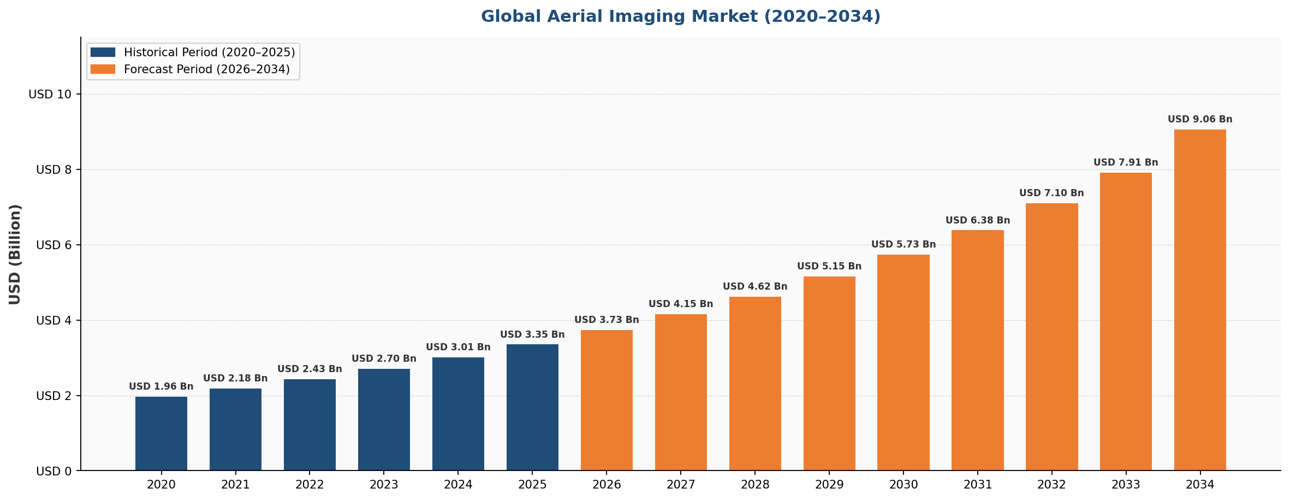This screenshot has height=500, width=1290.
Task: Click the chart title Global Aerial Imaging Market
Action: click(x=680, y=16)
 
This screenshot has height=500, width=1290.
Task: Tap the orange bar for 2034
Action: click(x=1200, y=300)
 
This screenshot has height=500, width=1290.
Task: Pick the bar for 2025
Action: click(x=532, y=407)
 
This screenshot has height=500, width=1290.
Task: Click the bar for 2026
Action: click(x=607, y=400)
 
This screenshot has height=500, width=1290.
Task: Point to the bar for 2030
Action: click(x=903, y=362)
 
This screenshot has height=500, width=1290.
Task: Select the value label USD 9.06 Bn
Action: click(x=1200, y=120)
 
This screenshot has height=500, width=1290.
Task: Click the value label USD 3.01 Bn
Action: click(x=458, y=348)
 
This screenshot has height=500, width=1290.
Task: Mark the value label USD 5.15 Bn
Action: click(x=829, y=267)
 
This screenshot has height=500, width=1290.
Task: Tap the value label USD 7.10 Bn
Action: click(x=1051, y=193)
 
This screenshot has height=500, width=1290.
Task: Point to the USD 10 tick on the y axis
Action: click(x=50, y=95)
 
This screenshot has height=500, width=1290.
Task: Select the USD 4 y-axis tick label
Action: click(x=54, y=321)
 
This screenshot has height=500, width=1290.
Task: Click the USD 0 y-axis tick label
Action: click(x=54, y=471)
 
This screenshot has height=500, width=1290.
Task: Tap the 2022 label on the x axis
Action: click(x=310, y=485)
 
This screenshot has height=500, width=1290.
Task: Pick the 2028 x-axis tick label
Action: click(x=755, y=485)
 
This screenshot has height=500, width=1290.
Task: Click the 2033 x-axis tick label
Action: click(x=1126, y=485)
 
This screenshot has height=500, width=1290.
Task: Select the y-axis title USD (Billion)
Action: click(x=15, y=254)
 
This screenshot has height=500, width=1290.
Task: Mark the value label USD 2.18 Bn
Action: click(x=235, y=379)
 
